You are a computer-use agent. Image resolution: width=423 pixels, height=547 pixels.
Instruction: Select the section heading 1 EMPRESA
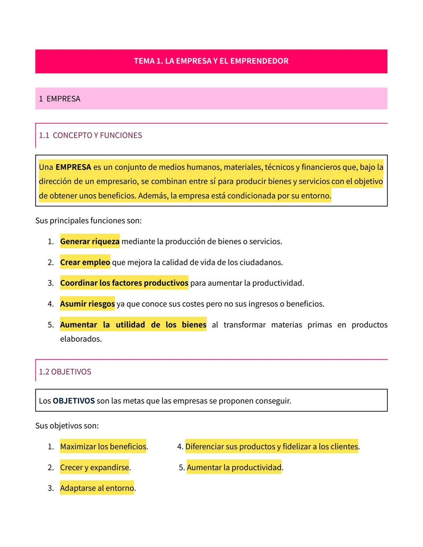60,99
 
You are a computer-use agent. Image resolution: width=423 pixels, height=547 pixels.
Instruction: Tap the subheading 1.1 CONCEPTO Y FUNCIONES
90,135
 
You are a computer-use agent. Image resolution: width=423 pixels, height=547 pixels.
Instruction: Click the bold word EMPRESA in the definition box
73,167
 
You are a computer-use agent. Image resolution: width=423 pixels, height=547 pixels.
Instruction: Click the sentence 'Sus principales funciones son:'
89,220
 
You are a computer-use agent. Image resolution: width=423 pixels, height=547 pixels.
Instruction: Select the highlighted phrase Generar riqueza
90,242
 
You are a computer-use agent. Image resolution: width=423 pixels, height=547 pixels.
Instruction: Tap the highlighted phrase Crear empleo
85,262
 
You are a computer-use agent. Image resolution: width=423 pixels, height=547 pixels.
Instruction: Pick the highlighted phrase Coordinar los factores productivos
124,283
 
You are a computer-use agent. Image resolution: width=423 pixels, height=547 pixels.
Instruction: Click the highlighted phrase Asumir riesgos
87,304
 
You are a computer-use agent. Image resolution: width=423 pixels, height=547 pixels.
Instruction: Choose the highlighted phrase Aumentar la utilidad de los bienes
133,325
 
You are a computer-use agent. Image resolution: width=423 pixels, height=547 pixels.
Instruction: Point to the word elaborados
81,339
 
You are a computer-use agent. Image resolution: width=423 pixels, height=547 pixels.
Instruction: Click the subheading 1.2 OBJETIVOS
65,372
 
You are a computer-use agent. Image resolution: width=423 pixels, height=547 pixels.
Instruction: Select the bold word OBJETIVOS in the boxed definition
74,401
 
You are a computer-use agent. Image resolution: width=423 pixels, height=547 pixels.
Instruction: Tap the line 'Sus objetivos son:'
67,426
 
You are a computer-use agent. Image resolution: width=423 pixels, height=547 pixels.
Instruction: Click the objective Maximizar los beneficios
103,447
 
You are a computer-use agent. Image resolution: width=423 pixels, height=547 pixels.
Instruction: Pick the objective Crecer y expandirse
95,468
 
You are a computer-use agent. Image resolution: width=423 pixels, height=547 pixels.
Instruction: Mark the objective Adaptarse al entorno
97,488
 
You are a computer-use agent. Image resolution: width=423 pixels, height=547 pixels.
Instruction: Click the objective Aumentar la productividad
234,468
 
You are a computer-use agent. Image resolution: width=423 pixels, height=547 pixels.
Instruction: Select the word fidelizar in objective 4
296,447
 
